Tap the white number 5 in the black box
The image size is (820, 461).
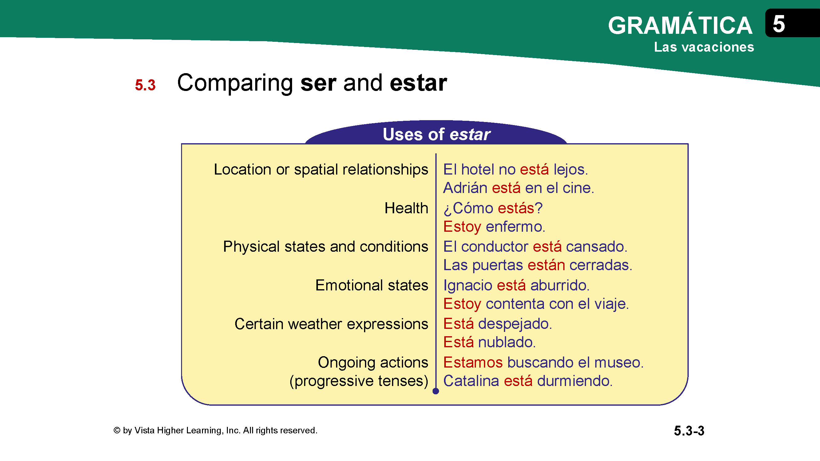pos(778,24)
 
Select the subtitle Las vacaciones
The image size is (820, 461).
pos(704,47)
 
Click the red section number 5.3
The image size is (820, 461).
pos(145,85)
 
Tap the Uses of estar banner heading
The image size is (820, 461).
pos(436,134)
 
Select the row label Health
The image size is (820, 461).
pos(406,208)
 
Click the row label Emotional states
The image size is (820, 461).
pos(371,285)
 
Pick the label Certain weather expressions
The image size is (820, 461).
pos(331,324)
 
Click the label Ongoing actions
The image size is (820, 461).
pos(373,363)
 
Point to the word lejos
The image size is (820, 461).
pos(571,170)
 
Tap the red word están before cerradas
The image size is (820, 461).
pos(546,265)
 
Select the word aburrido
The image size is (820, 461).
pos(560,285)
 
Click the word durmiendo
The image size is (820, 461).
pos(575,381)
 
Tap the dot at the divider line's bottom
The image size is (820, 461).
pos(436,391)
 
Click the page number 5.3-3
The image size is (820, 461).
pos(689,431)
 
